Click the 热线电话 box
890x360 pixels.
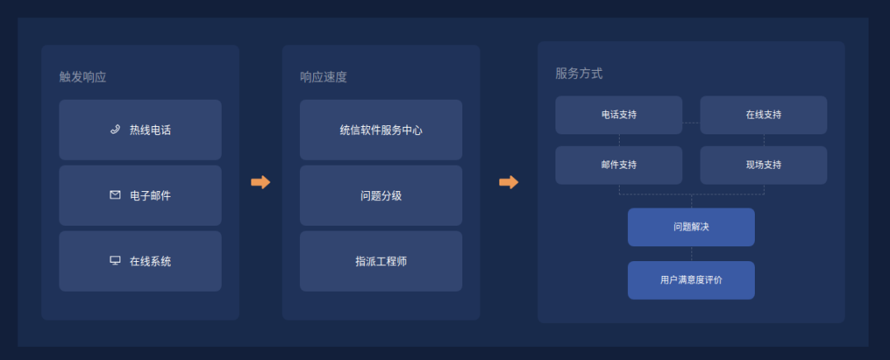click(x=140, y=130)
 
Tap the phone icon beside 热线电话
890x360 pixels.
click(x=115, y=129)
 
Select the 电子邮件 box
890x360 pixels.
click(x=140, y=195)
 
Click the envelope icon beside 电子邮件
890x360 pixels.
click(x=115, y=195)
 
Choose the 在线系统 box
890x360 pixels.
click(x=140, y=261)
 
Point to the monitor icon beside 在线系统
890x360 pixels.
click(x=115, y=260)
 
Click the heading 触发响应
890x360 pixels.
click(x=82, y=77)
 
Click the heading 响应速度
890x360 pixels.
click(x=323, y=77)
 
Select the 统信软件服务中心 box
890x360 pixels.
click(x=381, y=130)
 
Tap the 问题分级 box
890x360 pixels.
click(x=381, y=195)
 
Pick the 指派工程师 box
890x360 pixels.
click(x=381, y=261)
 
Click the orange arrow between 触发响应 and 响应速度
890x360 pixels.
click(x=260, y=182)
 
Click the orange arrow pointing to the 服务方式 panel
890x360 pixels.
click(x=508, y=182)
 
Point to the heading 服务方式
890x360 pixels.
click(x=578, y=73)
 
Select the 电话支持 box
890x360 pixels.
click(x=619, y=115)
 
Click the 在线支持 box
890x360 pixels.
click(x=763, y=115)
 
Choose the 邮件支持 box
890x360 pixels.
click(x=619, y=165)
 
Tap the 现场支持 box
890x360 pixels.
click(x=763, y=165)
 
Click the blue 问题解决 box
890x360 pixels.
click(x=691, y=227)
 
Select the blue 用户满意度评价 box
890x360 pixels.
click(x=691, y=280)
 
